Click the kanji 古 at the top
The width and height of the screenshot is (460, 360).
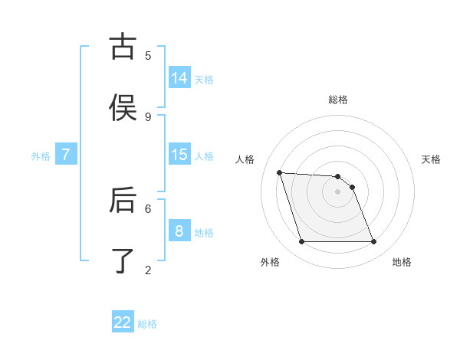coord(123,47)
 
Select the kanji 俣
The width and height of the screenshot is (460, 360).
coord(123,107)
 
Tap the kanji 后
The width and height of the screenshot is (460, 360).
coord(123,200)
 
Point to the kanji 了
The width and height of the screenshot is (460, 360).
coord(123,260)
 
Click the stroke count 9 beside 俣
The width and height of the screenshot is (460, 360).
coord(148,116)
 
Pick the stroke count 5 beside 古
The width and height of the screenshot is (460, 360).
coord(148,55)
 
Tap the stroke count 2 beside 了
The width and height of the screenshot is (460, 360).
coord(148,270)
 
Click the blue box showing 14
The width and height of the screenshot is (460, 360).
coord(179,77)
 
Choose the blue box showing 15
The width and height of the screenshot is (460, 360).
coord(179,154)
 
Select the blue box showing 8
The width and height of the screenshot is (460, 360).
coord(179,231)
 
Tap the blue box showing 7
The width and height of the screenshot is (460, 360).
coord(66,154)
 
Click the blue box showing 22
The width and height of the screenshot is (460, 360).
coord(123,322)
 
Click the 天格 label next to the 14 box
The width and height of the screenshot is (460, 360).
coord(204,79)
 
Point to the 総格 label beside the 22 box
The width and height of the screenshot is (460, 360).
coord(147,324)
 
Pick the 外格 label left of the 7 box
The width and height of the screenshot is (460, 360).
coord(41,156)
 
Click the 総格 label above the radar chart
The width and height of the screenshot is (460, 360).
coord(338,100)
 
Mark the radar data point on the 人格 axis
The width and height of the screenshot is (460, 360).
coord(279,172)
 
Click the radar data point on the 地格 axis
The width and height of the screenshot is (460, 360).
coord(373,242)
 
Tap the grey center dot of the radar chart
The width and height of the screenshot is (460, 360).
coord(338,191)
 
